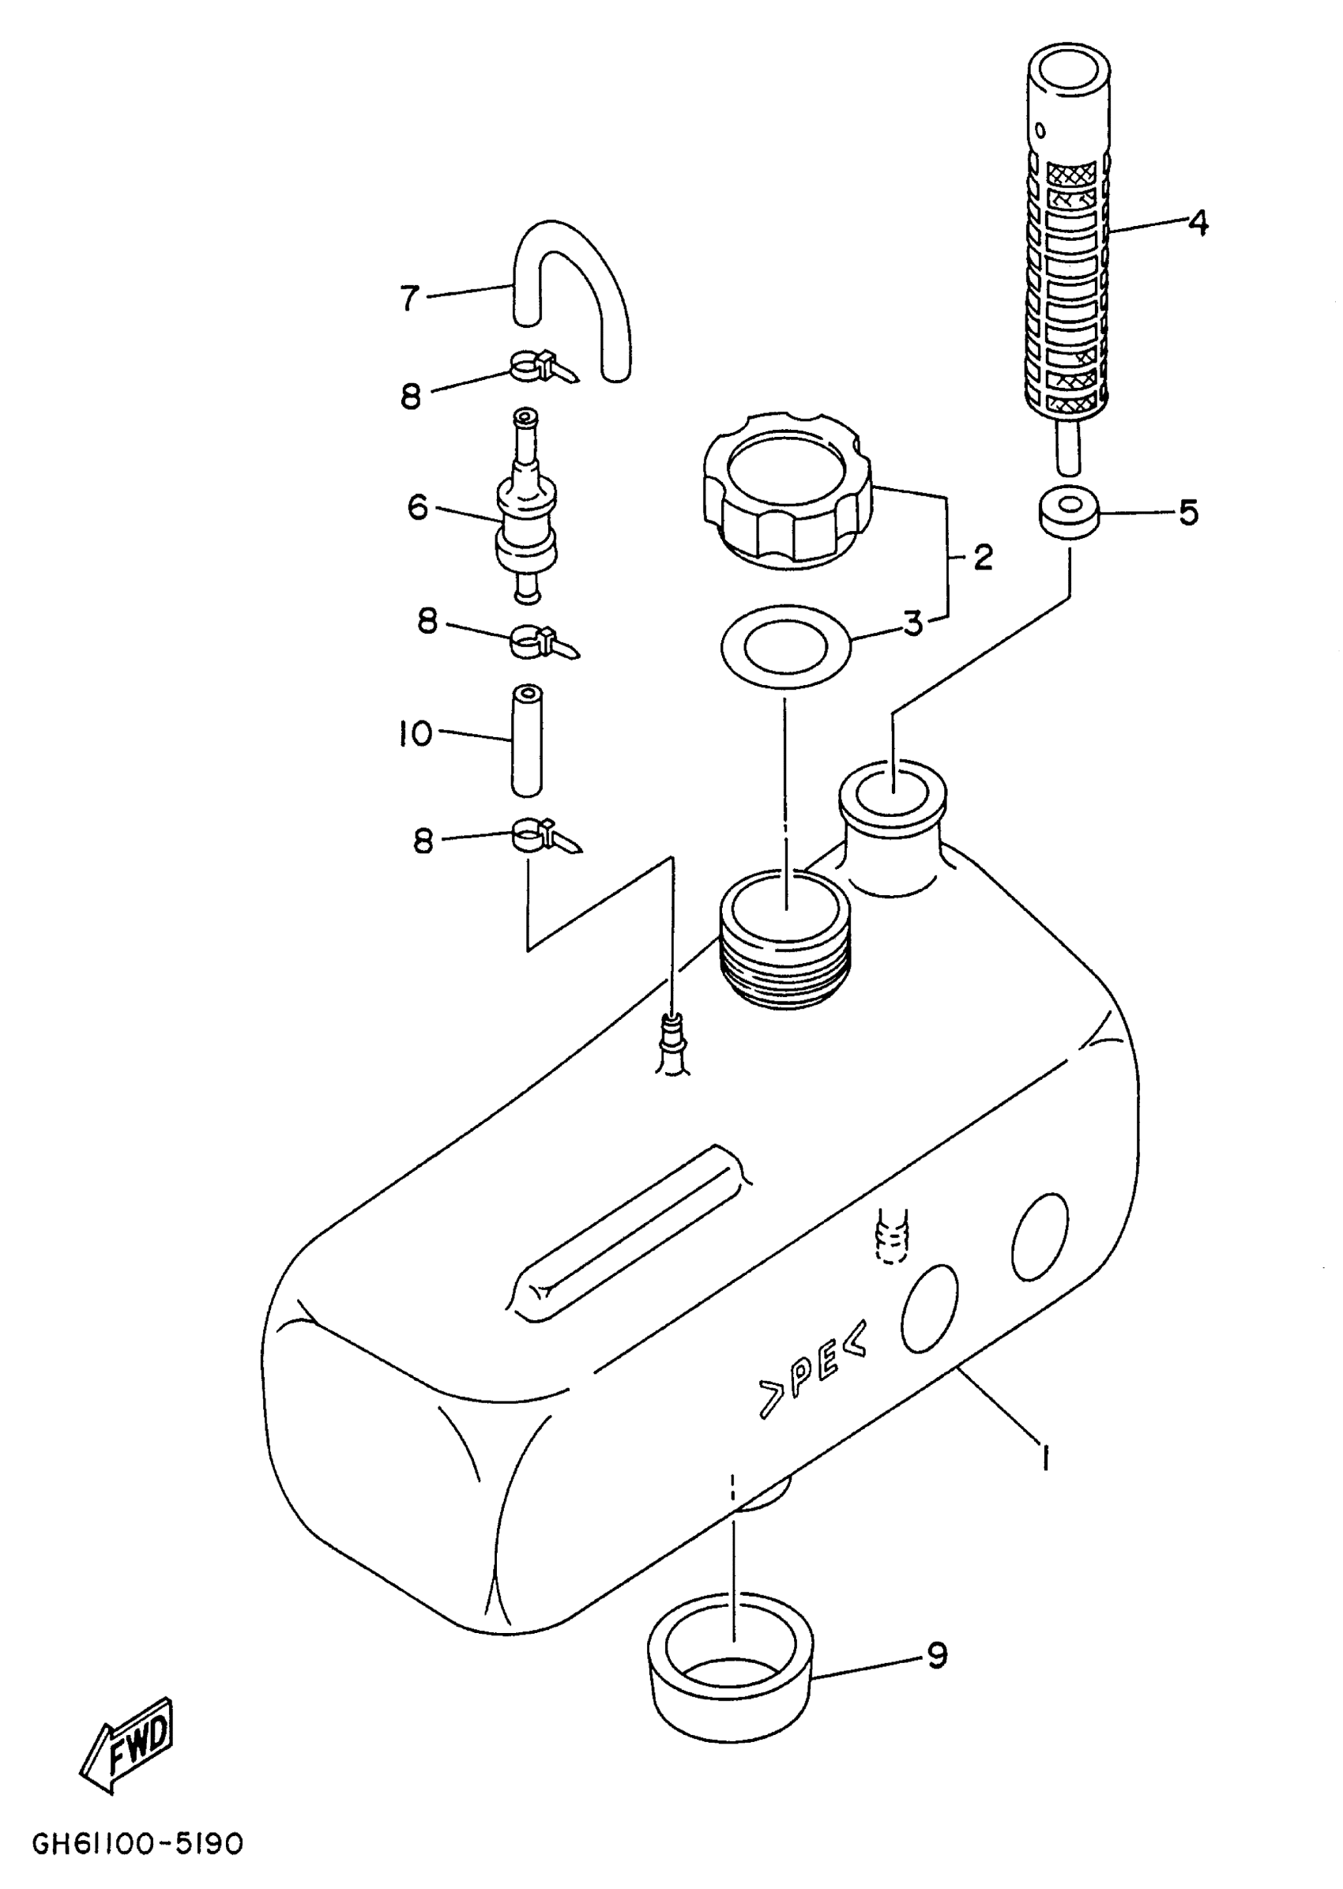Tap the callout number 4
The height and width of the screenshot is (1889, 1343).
1198,223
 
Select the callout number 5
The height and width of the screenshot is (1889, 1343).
1188,513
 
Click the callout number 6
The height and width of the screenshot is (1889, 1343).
418,506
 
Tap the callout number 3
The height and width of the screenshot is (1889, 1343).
913,623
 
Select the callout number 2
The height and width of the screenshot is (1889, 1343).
983,559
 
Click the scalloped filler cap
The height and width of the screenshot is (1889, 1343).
784,500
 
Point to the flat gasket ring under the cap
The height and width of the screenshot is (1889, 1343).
785,646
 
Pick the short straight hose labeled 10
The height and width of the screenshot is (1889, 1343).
526,740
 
